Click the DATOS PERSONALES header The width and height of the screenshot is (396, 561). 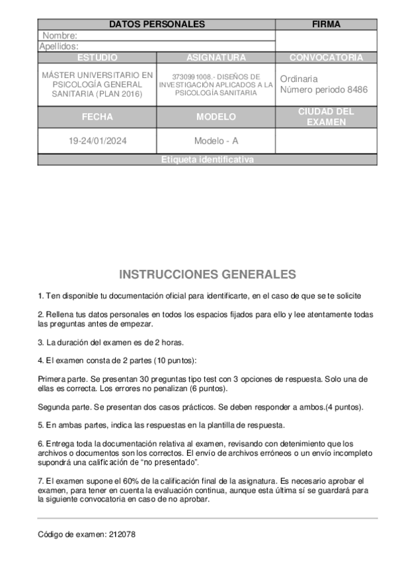coord(157,24)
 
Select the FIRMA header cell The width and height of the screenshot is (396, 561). coord(326,24)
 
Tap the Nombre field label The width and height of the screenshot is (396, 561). coord(60,36)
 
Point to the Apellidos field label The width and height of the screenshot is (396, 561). coord(59,46)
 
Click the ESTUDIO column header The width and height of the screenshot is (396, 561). coord(97,58)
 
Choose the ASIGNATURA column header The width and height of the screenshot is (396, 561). coord(216,58)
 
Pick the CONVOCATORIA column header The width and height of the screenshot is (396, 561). coord(326,58)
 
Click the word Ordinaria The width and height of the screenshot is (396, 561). coord(299,79)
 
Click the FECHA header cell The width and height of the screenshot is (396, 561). coord(97,117)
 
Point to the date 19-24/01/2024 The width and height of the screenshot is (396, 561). coord(97,141)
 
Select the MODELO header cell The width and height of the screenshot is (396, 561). coord(216,117)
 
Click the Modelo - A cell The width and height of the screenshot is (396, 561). coord(216,141)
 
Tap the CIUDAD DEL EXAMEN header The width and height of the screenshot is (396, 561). coord(326,117)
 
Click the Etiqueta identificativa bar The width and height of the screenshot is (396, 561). coord(207,160)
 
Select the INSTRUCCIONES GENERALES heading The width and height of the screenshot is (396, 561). coord(208,274)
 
